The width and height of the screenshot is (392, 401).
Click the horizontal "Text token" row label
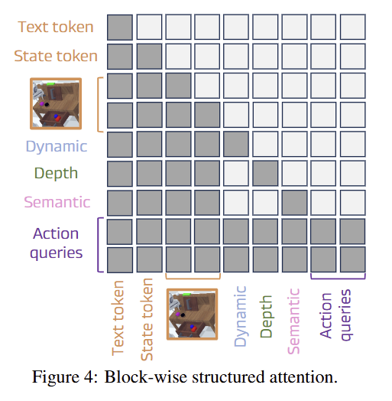56,27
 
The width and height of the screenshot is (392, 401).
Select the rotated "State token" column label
147,319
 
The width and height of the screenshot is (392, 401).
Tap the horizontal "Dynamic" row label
57,147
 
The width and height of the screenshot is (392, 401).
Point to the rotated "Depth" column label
266,317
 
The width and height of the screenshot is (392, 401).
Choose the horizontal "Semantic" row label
57,202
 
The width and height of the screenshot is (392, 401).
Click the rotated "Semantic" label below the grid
293,321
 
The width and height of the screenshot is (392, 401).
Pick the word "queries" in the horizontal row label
57,253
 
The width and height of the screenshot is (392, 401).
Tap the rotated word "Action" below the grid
326,316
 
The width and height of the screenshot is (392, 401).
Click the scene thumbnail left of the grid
56,103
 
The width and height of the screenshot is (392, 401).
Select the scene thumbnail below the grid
192,315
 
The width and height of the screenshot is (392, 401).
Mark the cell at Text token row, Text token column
120,27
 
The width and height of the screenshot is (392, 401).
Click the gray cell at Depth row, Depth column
265,174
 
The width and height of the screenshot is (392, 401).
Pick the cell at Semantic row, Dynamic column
236,203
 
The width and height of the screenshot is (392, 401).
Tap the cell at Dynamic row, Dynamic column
236,144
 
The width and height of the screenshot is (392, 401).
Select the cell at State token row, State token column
149,57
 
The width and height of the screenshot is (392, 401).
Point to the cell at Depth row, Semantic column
294,174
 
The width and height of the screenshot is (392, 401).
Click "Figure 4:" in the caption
65,377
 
